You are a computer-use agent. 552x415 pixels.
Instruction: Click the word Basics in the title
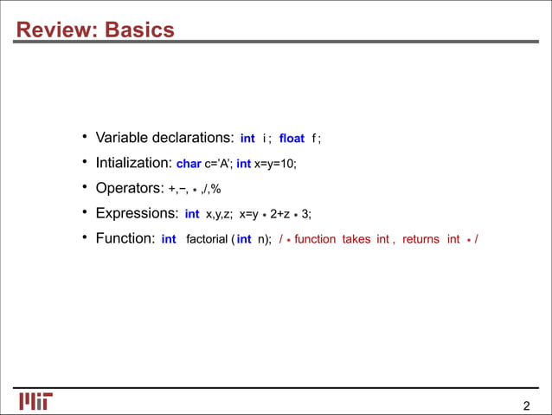[138, 31]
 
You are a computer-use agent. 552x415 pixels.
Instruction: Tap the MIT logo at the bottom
[35, 401]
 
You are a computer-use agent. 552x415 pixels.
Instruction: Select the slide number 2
[526, 407]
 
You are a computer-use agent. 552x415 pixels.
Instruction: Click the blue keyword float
[292, 139]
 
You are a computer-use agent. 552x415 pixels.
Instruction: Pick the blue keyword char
[189, 164]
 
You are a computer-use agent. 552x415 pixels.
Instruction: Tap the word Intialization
[132, 163]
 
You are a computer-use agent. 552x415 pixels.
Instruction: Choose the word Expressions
[134, 213]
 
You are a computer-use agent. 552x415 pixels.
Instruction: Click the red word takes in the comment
[356, 239]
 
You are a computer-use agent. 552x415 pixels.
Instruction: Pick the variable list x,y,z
[218, 214]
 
